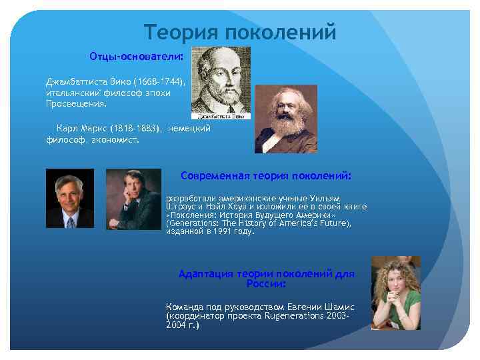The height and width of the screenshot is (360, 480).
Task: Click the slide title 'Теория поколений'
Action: tap(240, 32)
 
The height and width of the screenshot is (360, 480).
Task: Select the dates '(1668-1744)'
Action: tap(160, 82)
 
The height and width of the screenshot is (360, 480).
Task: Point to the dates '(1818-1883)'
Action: tap(137, 127)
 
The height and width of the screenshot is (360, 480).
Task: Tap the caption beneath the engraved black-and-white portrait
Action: tap(232, 116)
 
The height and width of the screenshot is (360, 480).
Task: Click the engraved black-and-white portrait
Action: tap(221, 80)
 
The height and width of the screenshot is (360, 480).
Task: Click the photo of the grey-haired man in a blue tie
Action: tap(69, 199)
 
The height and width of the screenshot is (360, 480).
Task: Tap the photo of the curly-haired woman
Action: tap(395, 293)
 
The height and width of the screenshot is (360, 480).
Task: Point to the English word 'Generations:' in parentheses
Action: tap(194, 224)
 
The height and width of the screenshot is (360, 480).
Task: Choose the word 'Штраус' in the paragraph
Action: tap(182, 207)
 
